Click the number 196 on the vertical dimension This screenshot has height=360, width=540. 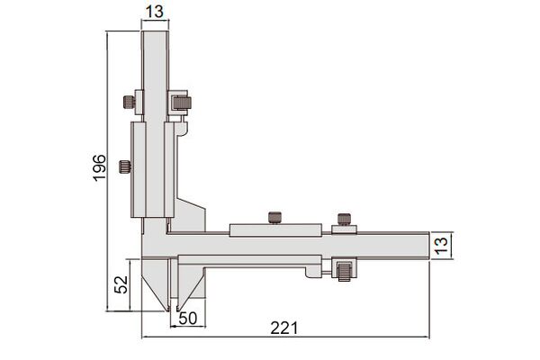click(x=100, y=167)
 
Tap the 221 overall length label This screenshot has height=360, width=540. click(x=283, y=328)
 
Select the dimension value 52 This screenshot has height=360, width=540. click(x=121, y=284)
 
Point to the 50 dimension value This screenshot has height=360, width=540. click(x=188, y=319)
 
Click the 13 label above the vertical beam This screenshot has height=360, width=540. click(x=154, y=12)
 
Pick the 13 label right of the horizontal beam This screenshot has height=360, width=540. click(x=442, y=246)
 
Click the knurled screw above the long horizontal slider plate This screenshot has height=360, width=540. click(x=274, y=218)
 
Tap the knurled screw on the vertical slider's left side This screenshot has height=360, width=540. click(x=125, y=166)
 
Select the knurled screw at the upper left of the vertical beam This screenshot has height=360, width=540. click(x=129, y=102)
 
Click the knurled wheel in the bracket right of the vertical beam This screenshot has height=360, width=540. click(x=182, y=103)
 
